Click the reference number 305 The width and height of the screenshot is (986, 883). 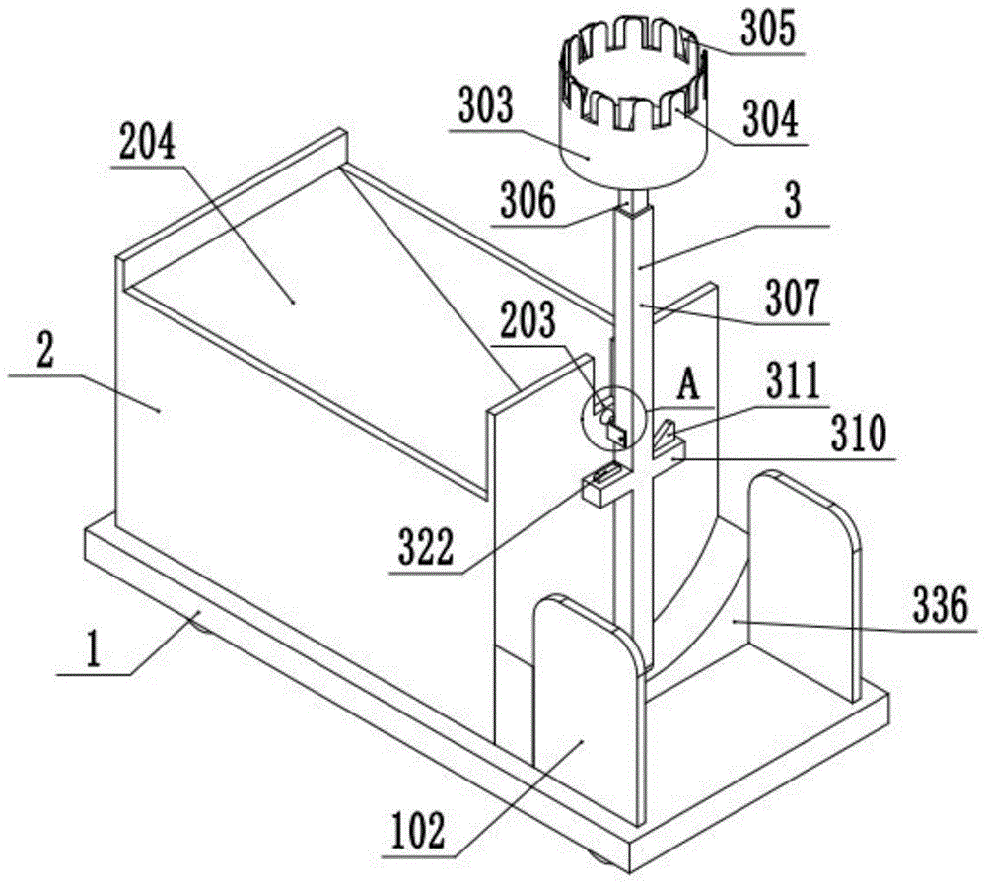coord(770,31)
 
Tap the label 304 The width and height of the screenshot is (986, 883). coord(770,121)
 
